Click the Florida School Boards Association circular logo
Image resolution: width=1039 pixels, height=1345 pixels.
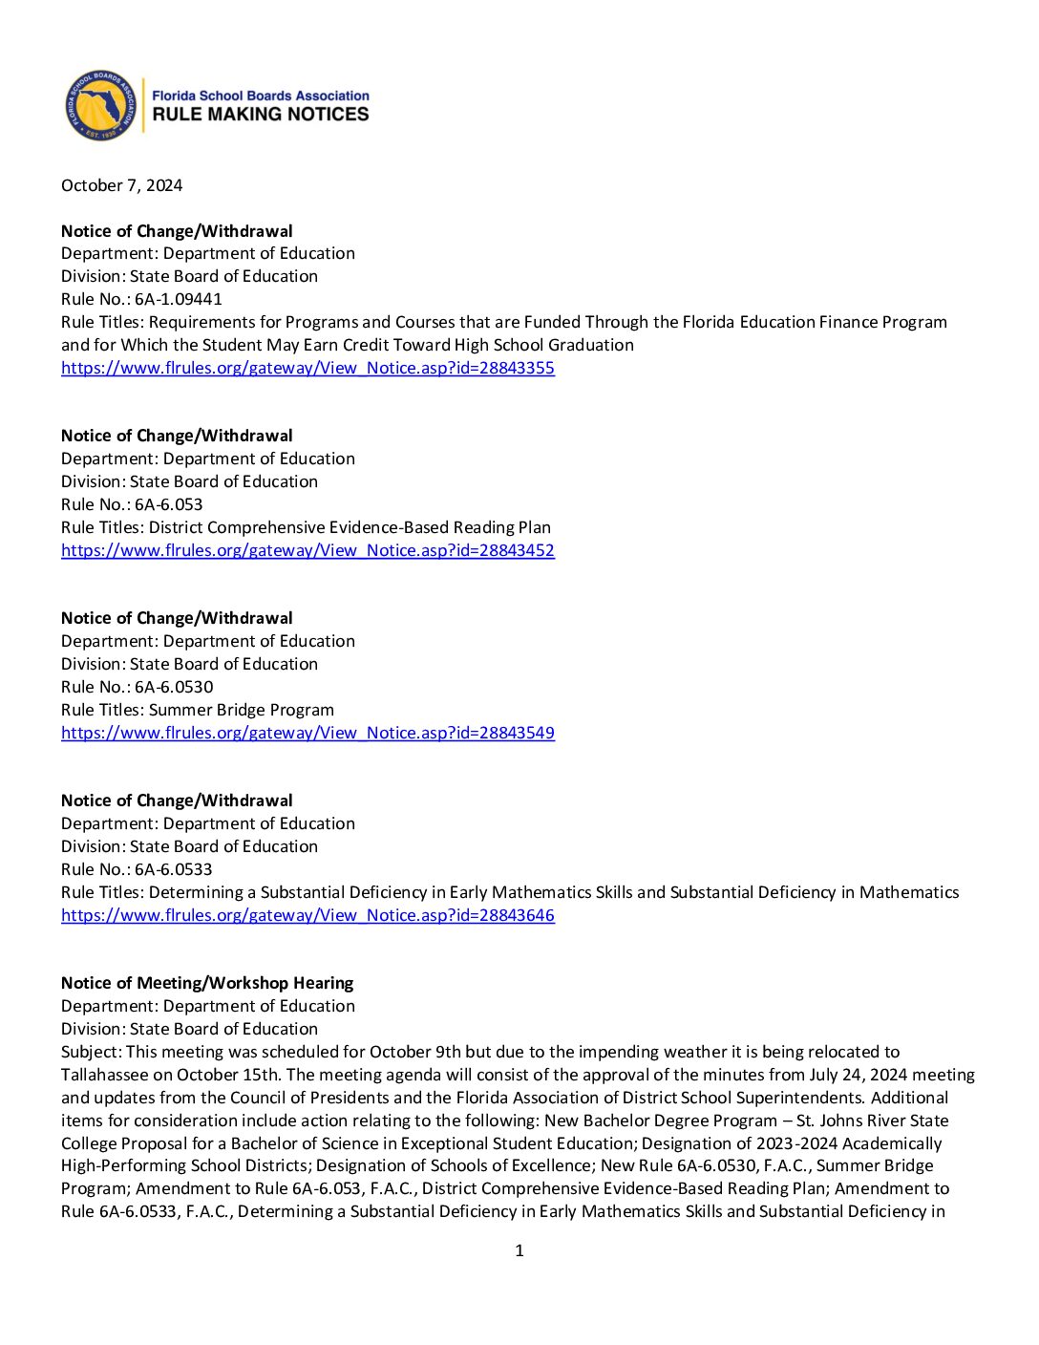point(100,105)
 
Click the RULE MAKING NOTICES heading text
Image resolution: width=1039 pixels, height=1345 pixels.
point(260,114)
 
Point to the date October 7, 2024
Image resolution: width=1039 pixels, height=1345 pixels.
point(121,185)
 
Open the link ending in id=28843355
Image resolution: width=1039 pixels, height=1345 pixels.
point(307,368)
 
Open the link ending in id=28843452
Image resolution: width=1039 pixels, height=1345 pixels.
point(307,550)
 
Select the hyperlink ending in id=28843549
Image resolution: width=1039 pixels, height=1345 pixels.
point(307,733)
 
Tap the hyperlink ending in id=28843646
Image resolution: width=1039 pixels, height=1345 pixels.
point(307,915)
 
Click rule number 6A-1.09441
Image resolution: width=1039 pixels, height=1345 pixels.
point(178,299)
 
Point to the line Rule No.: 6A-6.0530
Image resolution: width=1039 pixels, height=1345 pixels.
point(137,687)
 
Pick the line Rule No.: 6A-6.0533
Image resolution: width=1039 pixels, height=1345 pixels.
point(137,869)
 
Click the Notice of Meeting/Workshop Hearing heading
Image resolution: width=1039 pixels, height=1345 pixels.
point(207,983)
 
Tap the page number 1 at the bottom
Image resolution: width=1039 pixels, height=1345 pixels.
point(519,1250)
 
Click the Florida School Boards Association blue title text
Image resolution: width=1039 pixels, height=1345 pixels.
point(260,96)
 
